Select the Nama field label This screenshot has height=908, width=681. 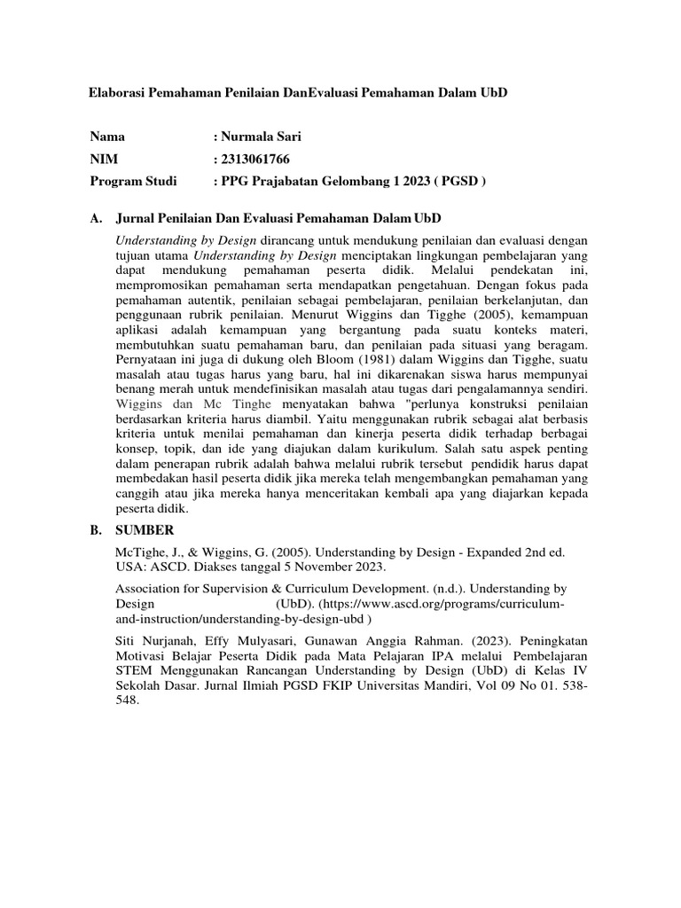[107, 137]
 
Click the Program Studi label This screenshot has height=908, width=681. [133, 181]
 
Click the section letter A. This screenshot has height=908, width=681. [95, 218]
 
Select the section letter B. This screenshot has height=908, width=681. [95, 532]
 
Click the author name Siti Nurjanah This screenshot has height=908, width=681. [156, 640]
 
